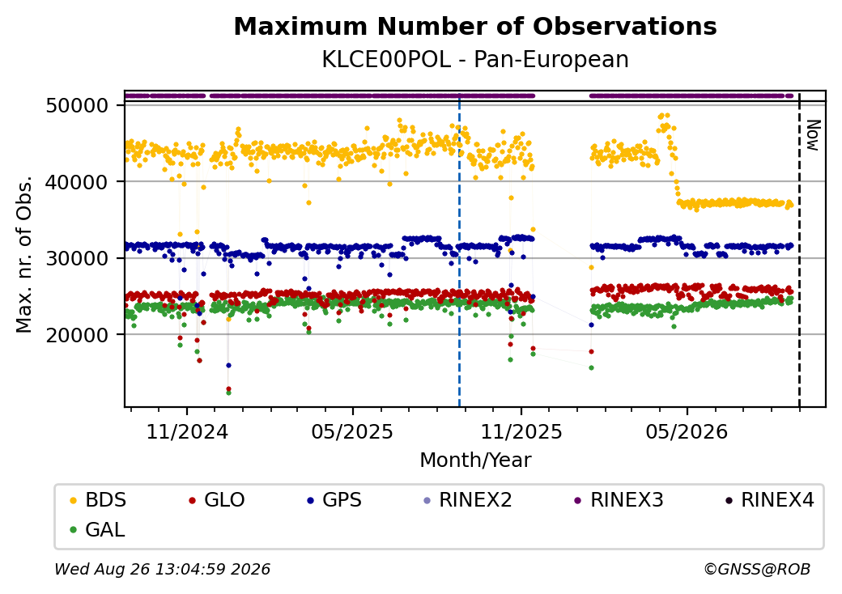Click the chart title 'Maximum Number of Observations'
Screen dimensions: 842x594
click(475, 26)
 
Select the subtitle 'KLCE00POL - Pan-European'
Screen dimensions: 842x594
click(475, 60)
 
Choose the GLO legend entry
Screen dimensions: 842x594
click(217, 500)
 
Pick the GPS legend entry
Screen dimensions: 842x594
click(334, 500)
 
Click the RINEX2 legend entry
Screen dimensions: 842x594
click(468, 500)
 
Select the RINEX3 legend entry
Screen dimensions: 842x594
click(619, 500)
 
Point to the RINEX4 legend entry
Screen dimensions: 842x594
click(770, 500)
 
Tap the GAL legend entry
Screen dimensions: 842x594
click(98, 529)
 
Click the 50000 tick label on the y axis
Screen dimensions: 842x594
click(78, 106)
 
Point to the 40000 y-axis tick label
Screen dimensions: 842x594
click(78, 182)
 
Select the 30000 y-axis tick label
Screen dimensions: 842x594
click(78, 259)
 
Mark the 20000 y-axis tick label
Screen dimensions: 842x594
click(78, 335)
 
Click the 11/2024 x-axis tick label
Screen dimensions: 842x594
click(187, 432)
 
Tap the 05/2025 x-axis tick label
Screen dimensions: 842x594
click(352, 432)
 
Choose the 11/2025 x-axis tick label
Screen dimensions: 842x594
click(521, 432)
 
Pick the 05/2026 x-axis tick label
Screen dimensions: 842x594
click(687, 432)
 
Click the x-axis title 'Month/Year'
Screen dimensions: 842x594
click(475, 460)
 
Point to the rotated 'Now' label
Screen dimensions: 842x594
click(814, 135)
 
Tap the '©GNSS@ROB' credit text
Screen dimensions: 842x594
click(757, 569)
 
